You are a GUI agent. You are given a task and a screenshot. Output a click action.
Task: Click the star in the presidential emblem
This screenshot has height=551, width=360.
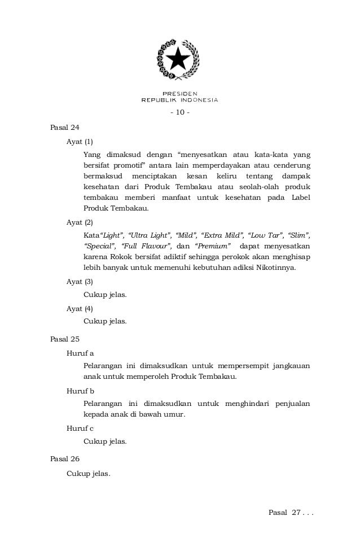click(179, 58)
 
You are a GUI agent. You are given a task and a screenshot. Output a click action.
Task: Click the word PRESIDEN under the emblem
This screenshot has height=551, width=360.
click(179, 94)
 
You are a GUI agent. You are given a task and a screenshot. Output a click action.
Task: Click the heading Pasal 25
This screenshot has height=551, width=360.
click(65, 340)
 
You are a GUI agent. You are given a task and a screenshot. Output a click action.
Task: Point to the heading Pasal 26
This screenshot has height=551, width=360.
click(65, 459)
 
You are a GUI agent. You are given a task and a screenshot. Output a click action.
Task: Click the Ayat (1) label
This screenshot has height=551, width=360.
click(80, 140)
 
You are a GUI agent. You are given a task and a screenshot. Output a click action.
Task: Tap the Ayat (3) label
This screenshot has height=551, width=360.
click(80, 281)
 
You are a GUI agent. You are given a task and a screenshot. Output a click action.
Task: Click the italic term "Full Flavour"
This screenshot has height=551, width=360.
click(144, 247)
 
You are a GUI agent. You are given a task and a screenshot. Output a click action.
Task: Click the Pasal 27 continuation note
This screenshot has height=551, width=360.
click(291, 512)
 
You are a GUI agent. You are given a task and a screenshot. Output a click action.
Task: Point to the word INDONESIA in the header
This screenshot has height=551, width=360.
click(196, 100)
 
